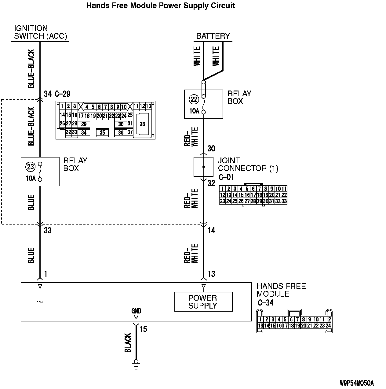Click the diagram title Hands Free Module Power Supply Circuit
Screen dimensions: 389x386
160,6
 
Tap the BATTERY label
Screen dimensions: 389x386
213,36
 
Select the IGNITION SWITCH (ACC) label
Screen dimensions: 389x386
40,32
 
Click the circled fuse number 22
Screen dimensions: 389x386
194,99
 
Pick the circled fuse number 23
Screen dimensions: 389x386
31,167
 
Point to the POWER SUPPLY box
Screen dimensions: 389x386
203,302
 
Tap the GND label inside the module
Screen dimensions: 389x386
136,311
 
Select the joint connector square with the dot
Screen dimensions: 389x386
203,167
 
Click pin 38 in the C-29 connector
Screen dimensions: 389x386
142,124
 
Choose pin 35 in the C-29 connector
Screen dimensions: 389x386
102,132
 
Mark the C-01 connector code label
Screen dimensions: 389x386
226,177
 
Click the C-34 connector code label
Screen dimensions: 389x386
265,303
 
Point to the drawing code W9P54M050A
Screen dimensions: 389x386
357,383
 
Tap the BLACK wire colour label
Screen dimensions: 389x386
128,343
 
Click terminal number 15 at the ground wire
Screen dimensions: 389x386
143,329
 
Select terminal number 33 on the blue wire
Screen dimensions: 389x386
48,231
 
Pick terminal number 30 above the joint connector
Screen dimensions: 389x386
211,149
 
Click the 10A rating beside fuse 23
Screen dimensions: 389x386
31,178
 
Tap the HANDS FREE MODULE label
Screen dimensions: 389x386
281,290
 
